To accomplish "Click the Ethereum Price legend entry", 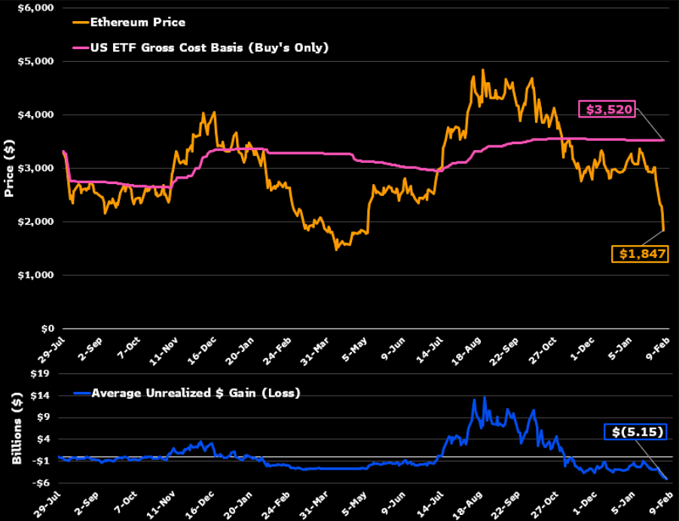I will click(137, 22).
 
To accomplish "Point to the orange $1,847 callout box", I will click(639, 253).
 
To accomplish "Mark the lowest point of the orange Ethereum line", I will click(336, 249).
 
